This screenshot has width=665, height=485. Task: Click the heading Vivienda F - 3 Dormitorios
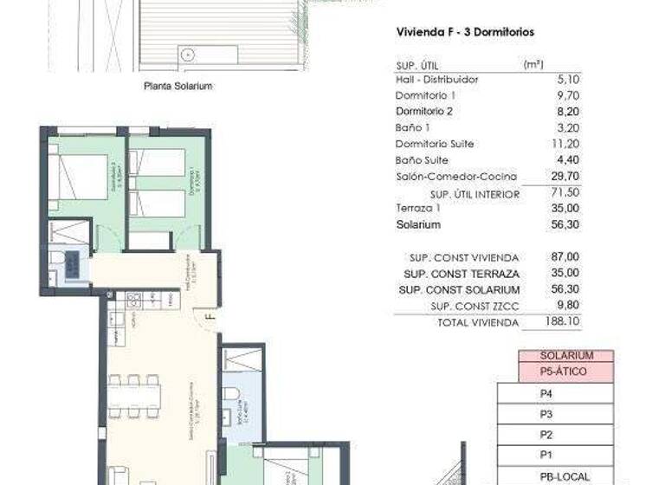click(x=464, y=32)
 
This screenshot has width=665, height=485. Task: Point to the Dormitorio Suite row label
click(x=435, y=144)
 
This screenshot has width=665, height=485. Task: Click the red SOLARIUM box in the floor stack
click(x=566, y=356)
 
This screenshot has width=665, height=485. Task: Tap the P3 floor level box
click(x=546, y=414)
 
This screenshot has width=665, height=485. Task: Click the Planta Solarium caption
click(x=178, y=86)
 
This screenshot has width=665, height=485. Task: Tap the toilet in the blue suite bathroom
click(x=229, y=393)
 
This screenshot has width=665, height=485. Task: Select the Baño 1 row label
click(x=413, y=128)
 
